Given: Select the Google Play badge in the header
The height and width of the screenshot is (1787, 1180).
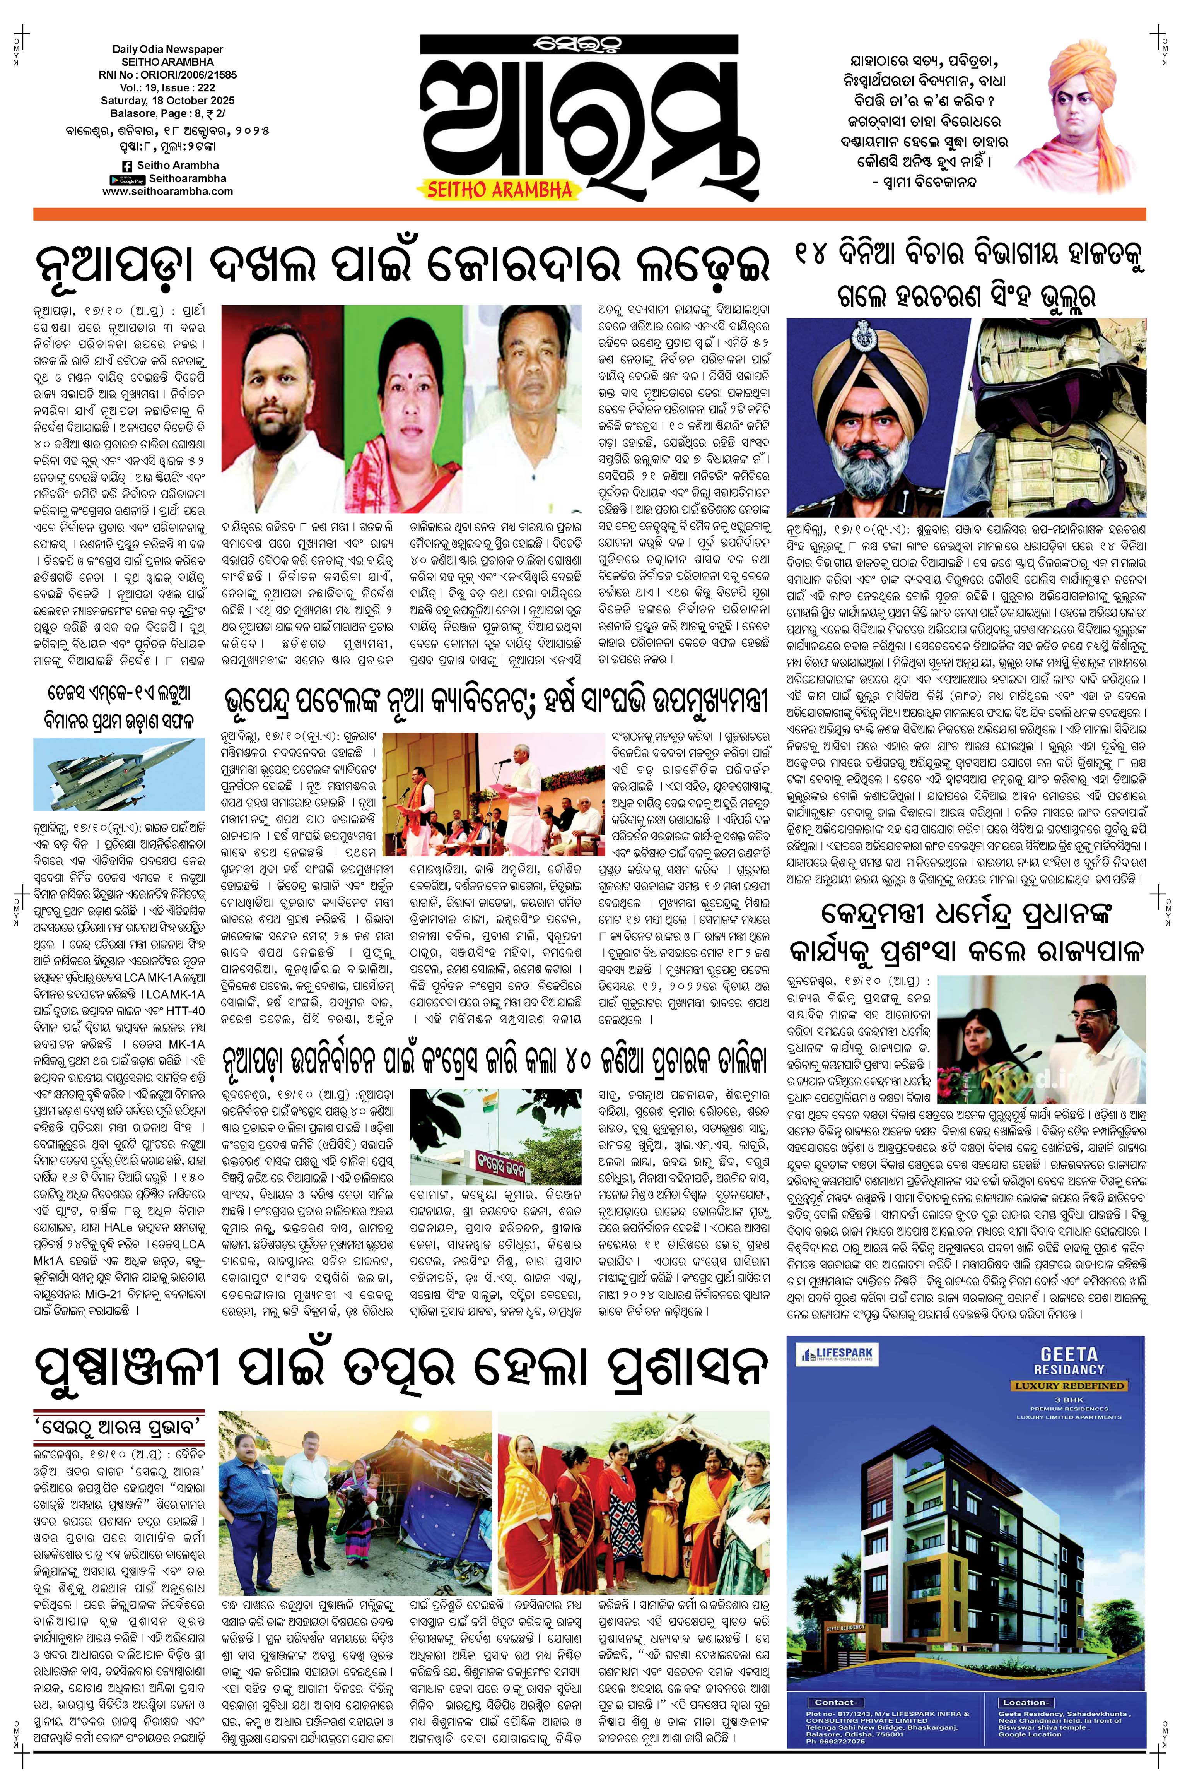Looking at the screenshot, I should tap(126, 179).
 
